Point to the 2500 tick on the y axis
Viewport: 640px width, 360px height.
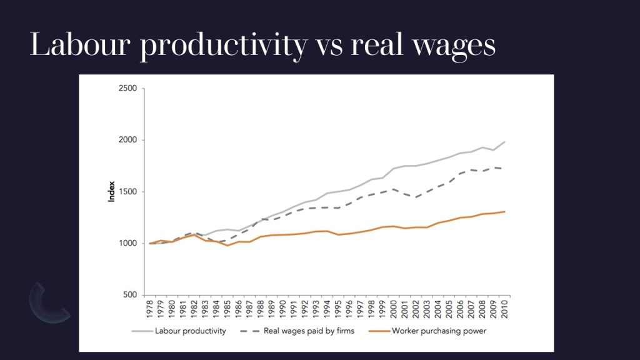point(127,88)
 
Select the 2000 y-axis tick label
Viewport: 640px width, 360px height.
point(127,140)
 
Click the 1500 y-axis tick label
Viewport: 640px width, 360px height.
point(127,192)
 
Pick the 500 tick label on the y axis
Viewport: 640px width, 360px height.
point(129,295)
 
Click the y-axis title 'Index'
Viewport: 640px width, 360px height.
point(111,192)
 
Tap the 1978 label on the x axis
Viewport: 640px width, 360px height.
point(149,309)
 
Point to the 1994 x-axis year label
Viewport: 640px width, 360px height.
point(327,309)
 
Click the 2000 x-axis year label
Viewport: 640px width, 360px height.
point(394,309)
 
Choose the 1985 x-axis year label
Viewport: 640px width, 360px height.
point(227,309)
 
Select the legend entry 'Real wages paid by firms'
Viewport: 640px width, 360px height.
point(306,331)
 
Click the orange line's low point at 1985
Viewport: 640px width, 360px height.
point(227,246)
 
